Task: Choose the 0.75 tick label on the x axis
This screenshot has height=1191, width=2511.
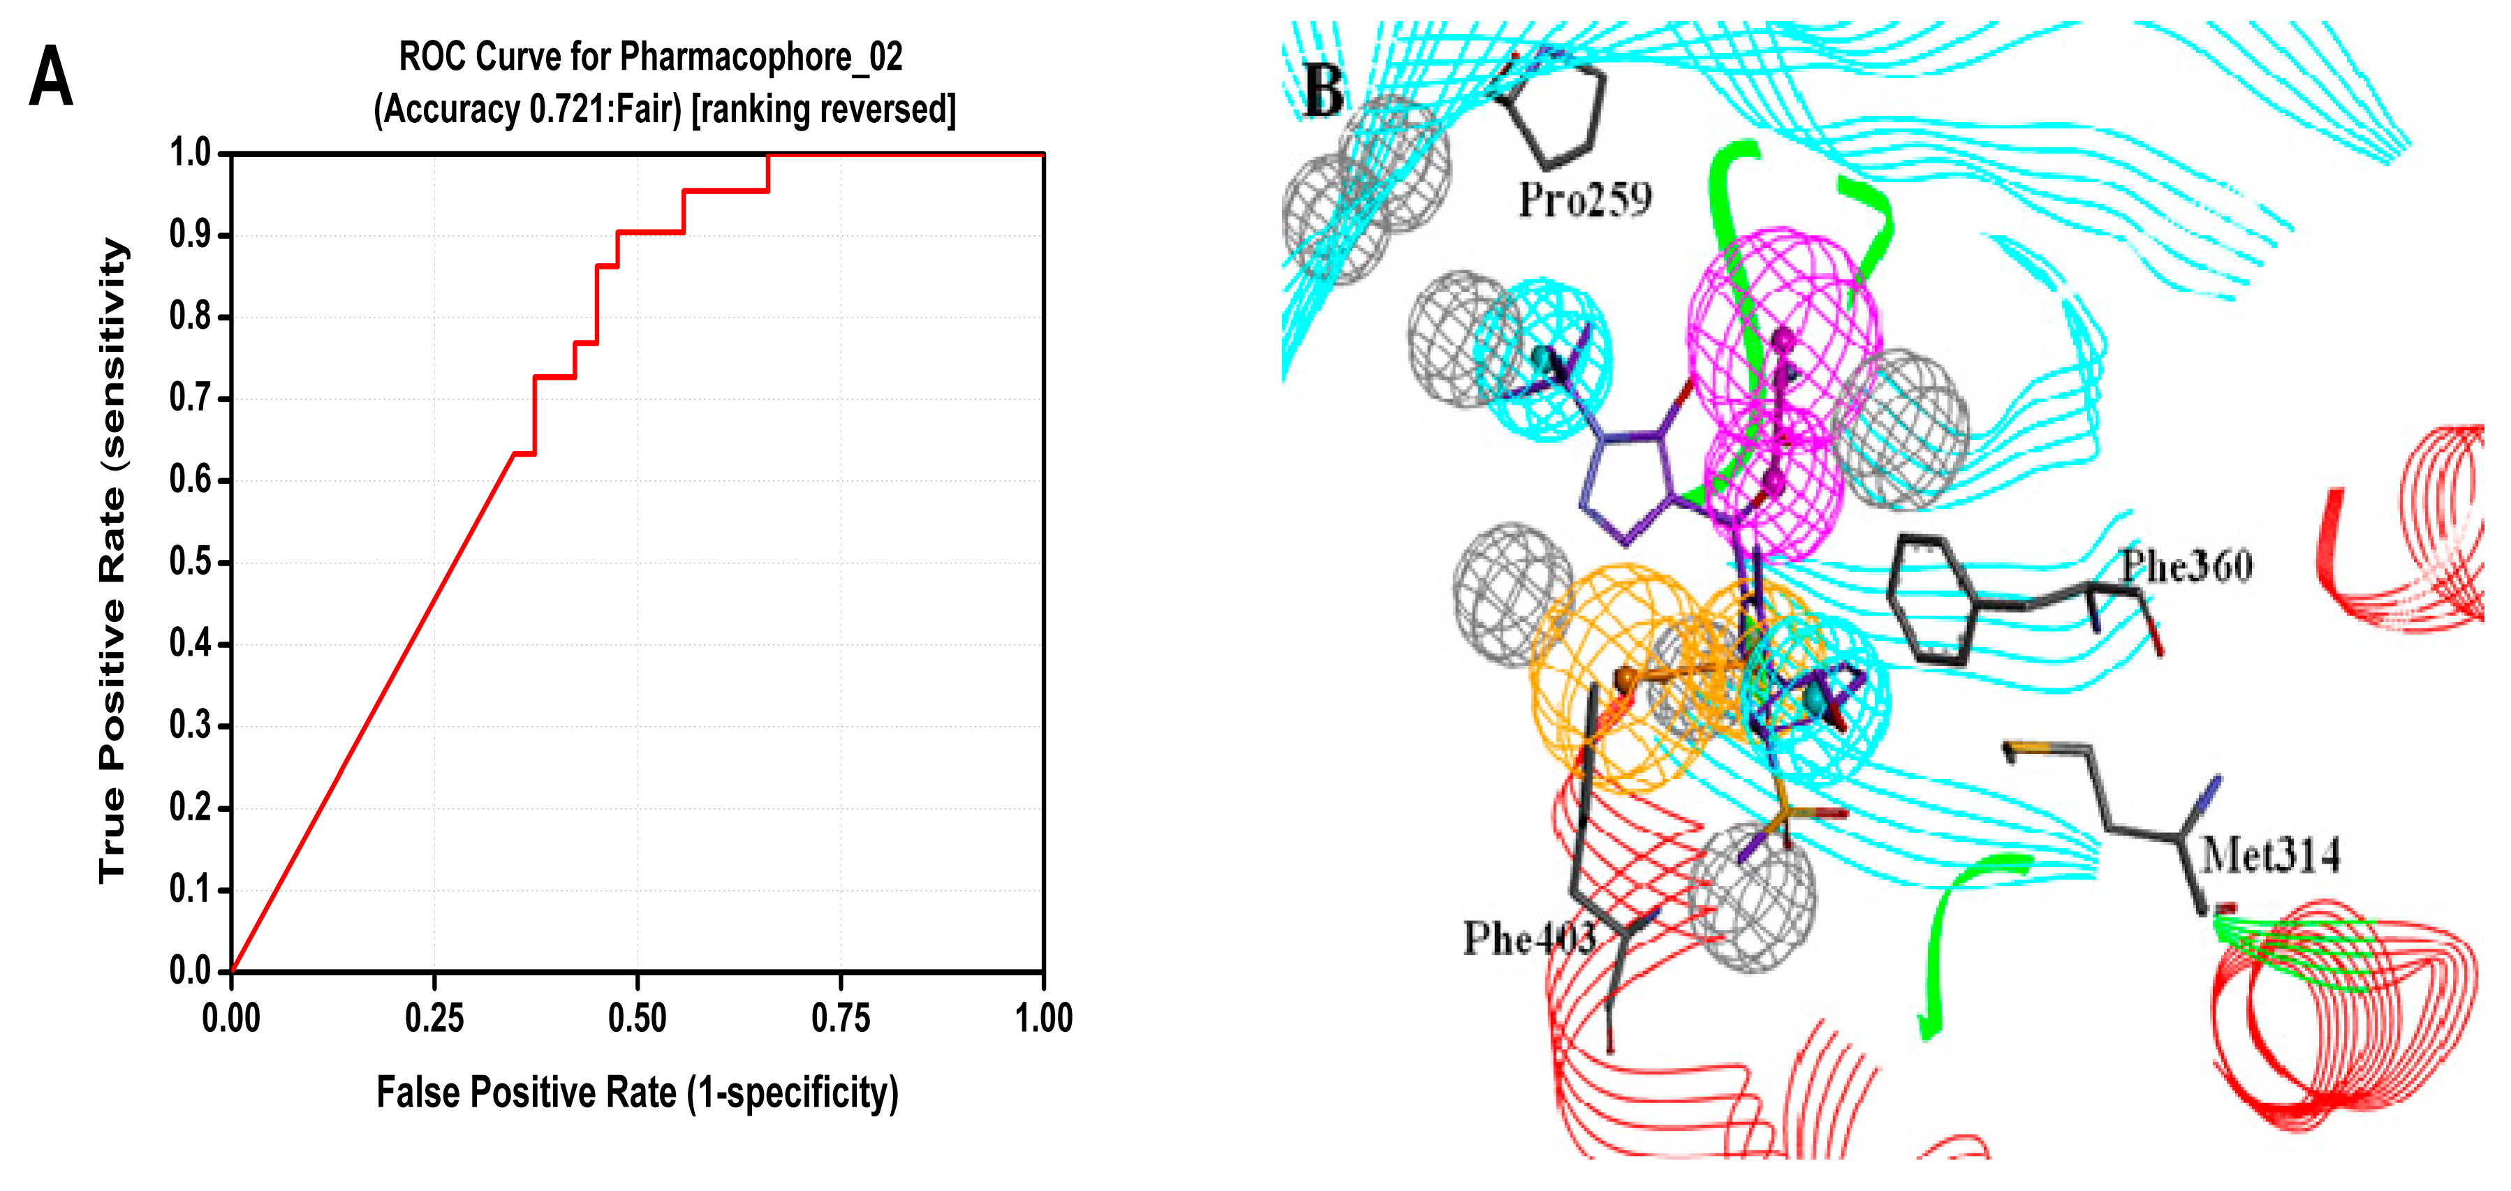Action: tap(840, 1019)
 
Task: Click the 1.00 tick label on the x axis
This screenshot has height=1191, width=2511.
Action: tap(1043, 1019)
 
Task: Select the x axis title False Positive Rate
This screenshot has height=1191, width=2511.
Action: tap(637, 1093)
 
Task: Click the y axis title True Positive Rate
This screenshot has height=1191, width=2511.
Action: tap(113, 561)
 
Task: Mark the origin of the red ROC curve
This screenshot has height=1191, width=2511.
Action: tap(232, 970)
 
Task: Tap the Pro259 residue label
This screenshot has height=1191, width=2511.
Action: tap(1584, 200)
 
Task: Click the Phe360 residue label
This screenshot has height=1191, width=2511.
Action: tap(2186, 565)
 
